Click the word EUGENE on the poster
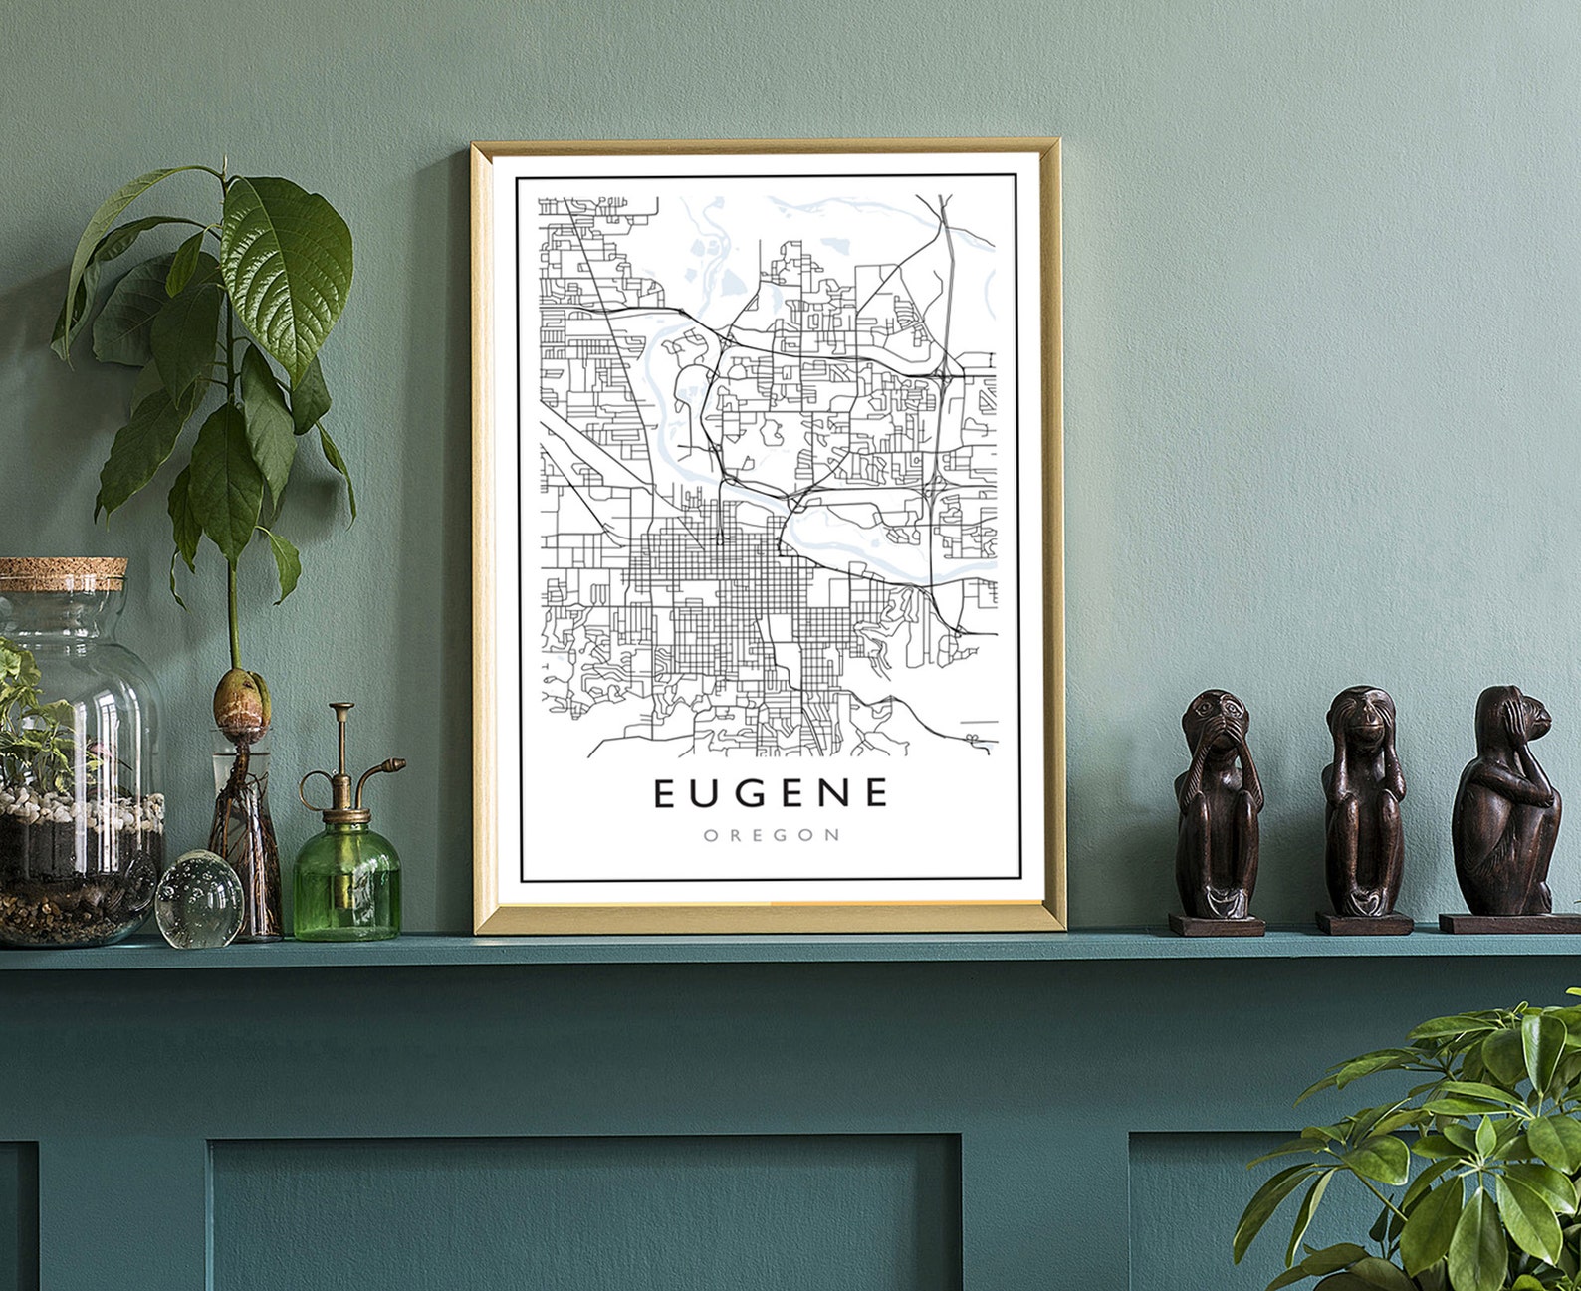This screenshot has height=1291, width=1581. (x=771, y=793)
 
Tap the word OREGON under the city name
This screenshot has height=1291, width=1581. (x=772, y=835)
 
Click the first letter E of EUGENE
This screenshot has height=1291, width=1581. (x=665, y=793)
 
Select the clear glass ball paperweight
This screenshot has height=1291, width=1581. (x=199, y=898)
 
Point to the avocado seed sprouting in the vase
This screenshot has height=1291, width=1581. (x=240, y=697)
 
